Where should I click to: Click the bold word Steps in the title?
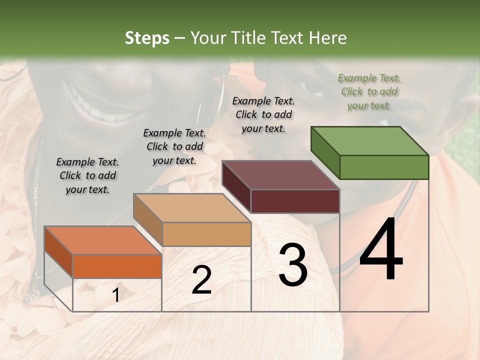click(x=147, y=38)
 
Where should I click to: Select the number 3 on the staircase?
click(x=293, y=265)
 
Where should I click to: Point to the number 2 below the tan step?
click(x=201, y=280)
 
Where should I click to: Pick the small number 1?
click(x=115, y=295)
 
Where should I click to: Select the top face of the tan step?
click(x=192, y=208)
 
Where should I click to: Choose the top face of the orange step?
click(x=103, y=240)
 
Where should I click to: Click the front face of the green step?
click(x=384, y=167)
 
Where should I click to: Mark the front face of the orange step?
click(x=117, y=265)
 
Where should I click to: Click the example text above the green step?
click(x=369, y=91)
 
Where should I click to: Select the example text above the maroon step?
click(x=263, y=114)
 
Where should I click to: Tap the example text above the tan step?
click(x=174, y=146)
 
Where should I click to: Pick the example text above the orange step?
click(x=87, y=175)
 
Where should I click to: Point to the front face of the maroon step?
click(x=295, y=201)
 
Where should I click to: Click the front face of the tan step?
click(x=206, y=234)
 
